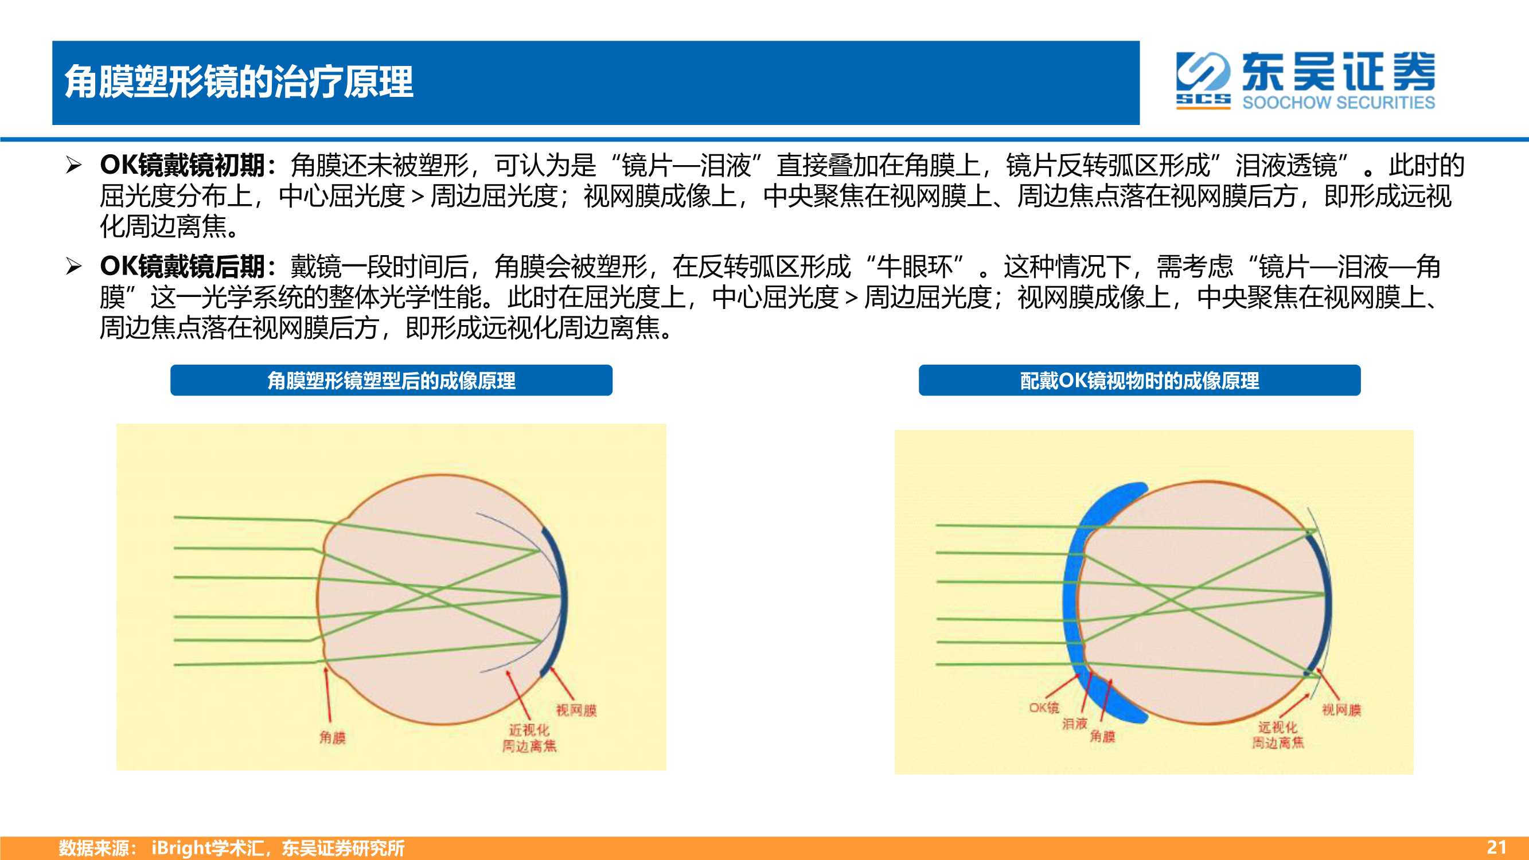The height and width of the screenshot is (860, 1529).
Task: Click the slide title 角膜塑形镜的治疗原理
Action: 239,82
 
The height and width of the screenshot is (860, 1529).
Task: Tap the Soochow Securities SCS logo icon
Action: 1204,81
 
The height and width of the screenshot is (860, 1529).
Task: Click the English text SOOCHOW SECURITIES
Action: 1339,102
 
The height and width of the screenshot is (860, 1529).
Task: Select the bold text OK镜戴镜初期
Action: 182,165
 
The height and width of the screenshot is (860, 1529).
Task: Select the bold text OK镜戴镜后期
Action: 182,267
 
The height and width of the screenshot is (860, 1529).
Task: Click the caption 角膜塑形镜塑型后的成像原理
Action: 391,381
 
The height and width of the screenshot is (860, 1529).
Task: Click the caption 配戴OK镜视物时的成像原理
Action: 1140,381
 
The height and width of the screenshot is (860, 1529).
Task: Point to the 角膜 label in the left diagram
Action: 333,737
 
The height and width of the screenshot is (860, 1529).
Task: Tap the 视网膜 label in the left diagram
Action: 576,710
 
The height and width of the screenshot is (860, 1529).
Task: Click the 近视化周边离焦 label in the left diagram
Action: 529,738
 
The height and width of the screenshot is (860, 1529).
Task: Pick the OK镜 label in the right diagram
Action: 1044,707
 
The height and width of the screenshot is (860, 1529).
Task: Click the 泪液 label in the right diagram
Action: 1075,724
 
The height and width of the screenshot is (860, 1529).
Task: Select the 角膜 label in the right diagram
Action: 1102,737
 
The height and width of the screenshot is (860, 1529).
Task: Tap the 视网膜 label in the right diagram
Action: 1341,710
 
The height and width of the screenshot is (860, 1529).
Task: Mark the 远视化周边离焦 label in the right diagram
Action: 1278,735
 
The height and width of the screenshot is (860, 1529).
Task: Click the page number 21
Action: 1496,847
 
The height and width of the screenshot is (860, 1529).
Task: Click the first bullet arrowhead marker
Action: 73,165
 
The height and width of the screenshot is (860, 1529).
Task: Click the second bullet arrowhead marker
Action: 73,267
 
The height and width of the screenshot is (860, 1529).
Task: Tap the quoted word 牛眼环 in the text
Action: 915,267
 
